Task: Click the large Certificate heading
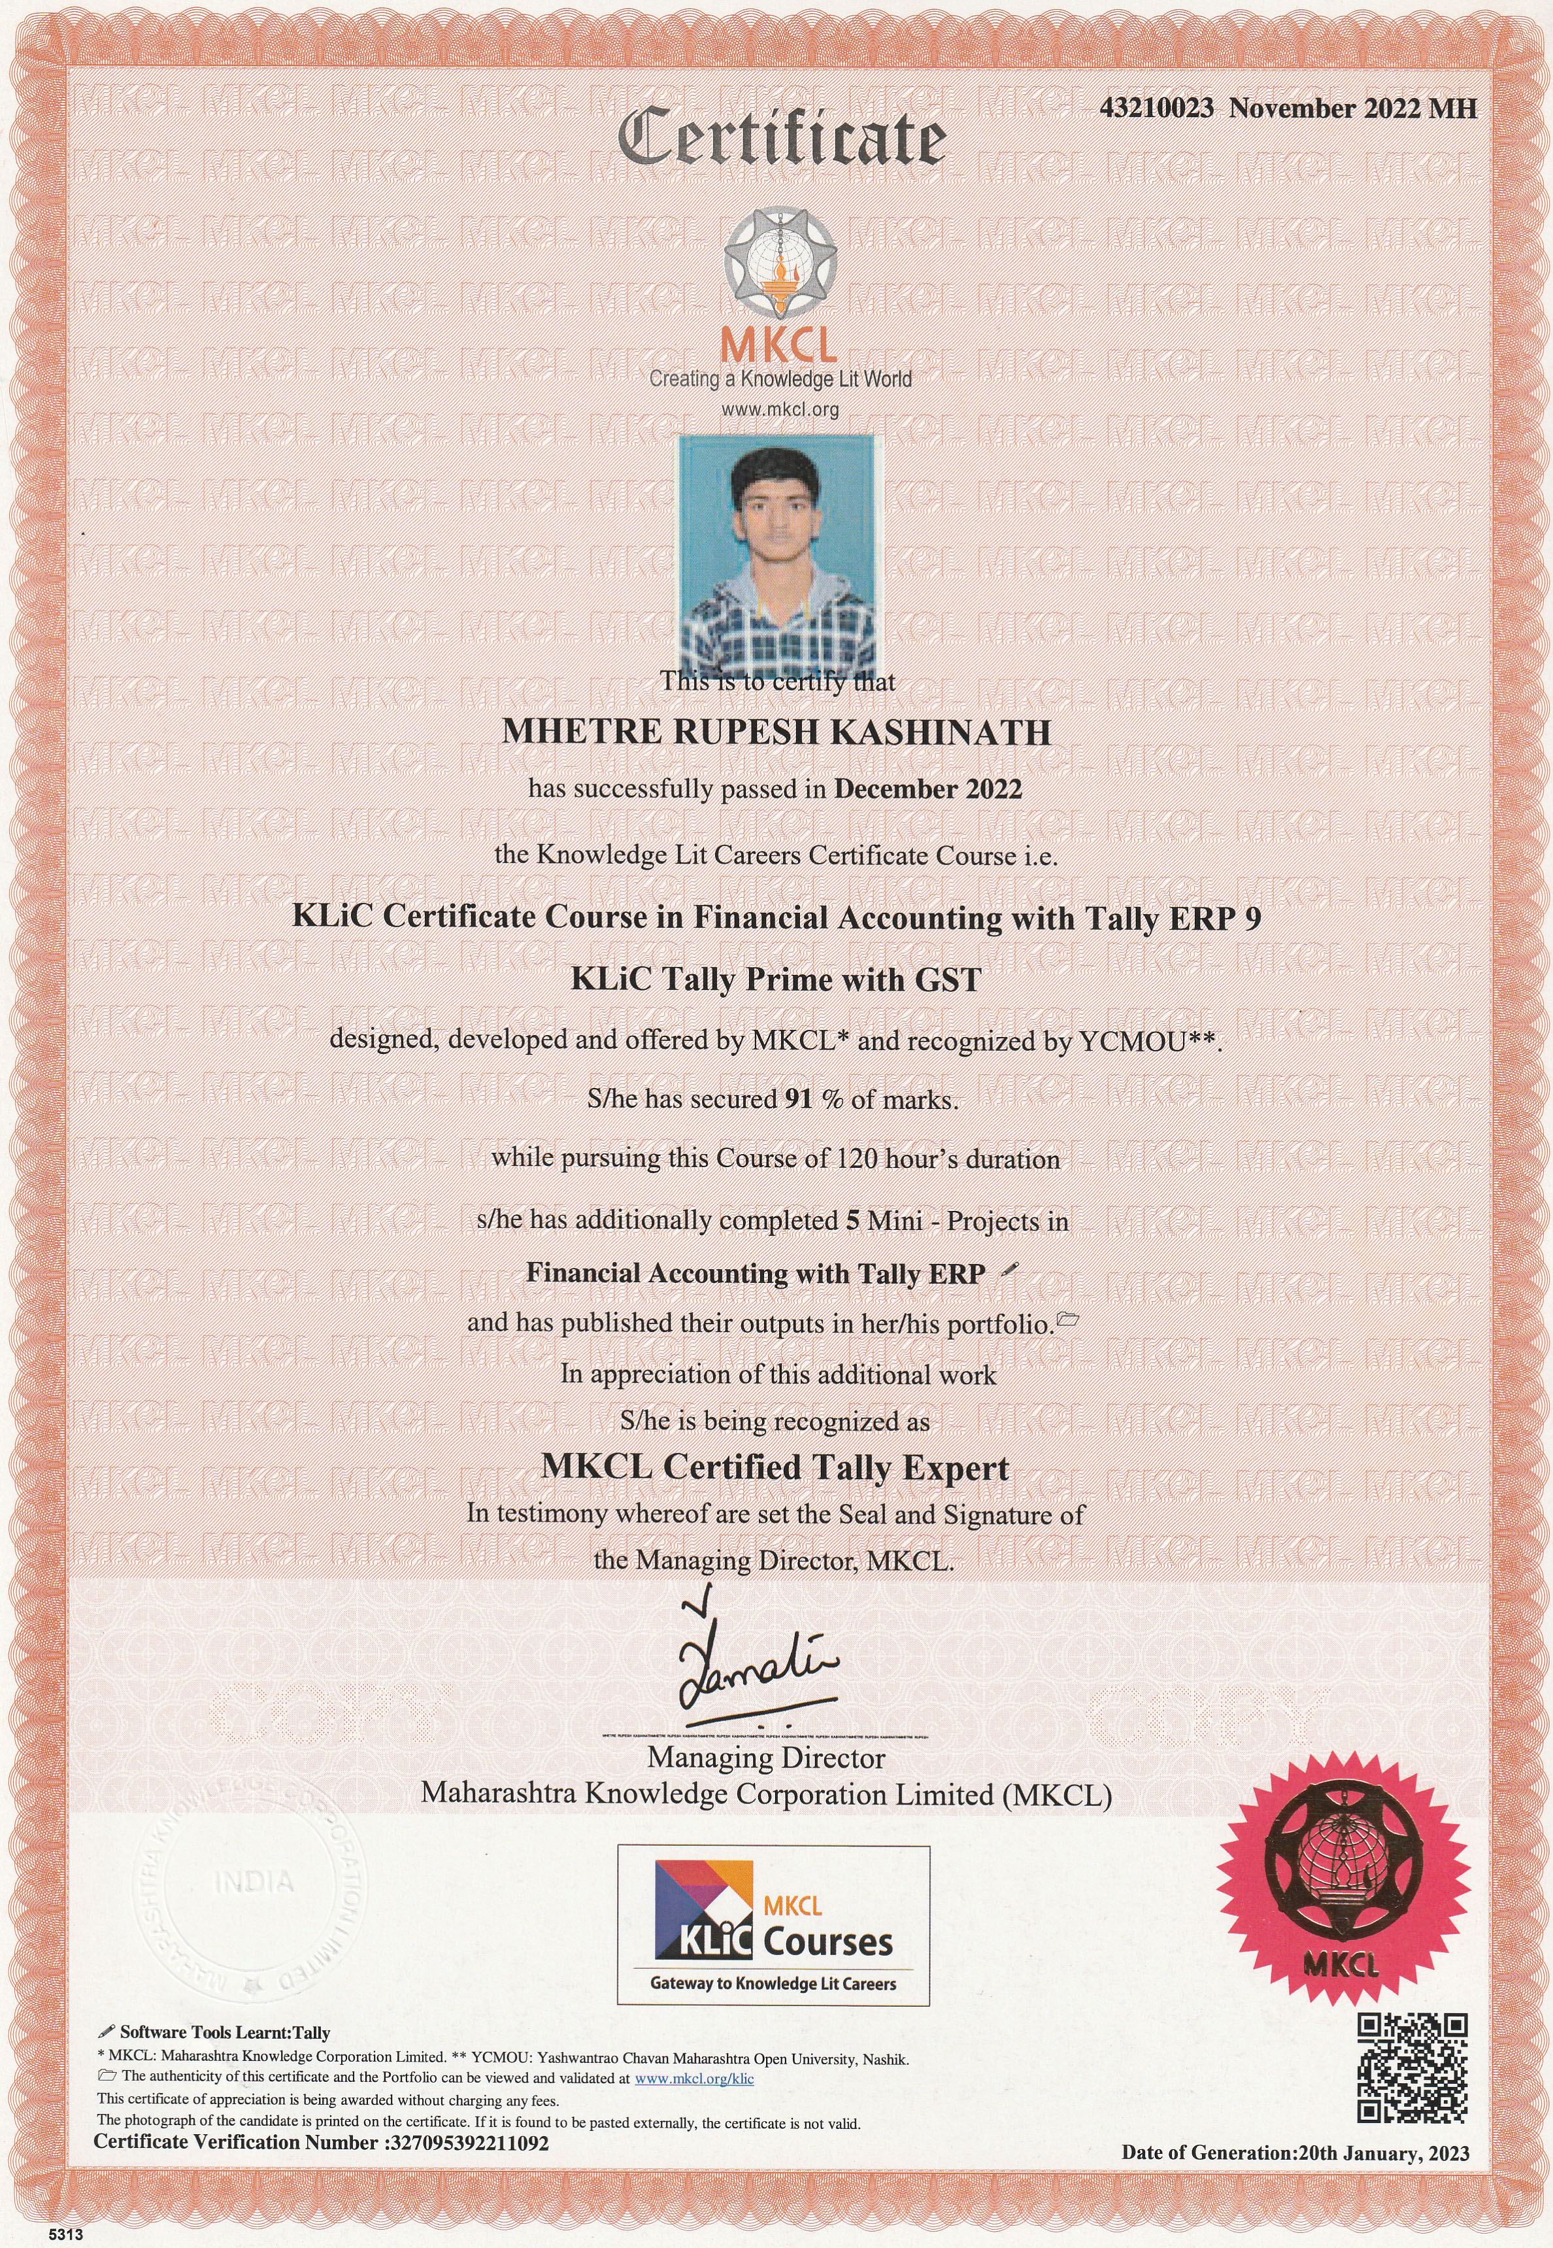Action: point(781,138)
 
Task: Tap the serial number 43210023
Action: point(1156,108)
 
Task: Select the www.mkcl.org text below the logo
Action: point(778,410)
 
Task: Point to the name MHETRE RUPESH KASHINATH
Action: point(776,732)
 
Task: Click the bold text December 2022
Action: point(927,789)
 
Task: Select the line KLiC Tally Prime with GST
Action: point(776,979)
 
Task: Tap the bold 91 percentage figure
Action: point(797,1100)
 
